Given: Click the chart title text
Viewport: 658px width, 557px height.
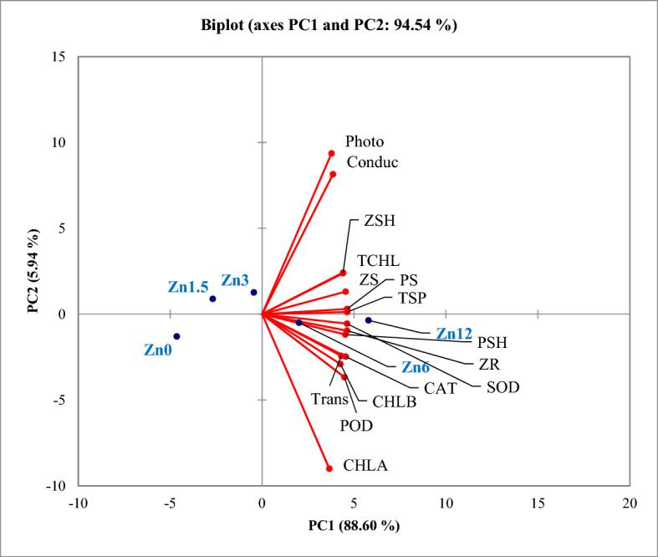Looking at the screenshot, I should [x=329, y=25].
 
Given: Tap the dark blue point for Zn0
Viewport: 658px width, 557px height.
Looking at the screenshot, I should [x=176, y=336].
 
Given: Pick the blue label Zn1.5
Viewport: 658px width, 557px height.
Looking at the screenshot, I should [x=187, y=287].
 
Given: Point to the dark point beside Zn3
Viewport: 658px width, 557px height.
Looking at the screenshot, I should [x=253, y=293].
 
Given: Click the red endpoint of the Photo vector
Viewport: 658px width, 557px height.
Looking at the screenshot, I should [x=331, y=153].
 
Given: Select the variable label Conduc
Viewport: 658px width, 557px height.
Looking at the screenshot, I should [x=372, y=162].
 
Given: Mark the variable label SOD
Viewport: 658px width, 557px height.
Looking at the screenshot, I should [x=502, y=387].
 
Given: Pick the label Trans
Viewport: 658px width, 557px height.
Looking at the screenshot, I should [x=329, y=398].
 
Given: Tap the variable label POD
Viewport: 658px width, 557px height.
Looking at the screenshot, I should [x=355, y=426].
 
